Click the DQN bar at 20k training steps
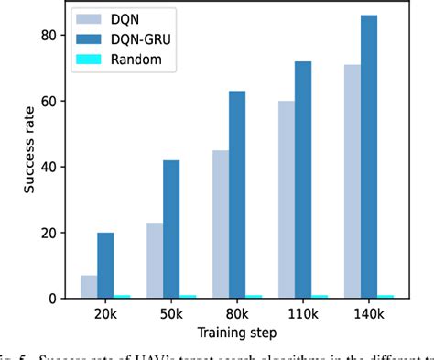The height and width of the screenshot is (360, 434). pos(89,287)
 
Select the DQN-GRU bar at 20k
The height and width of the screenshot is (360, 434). pos(106,266)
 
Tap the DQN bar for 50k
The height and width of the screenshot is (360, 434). pos(154,261)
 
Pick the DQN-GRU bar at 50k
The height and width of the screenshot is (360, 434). pos(171,230)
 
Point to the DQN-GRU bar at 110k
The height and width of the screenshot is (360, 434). pos(303,180)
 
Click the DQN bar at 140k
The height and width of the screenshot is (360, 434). pos(352,181)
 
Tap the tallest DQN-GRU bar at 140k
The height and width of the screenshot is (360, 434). pos(369,157)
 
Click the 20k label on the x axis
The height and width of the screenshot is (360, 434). pos(106,315)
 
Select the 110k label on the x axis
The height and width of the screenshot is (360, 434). pos(303,315)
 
